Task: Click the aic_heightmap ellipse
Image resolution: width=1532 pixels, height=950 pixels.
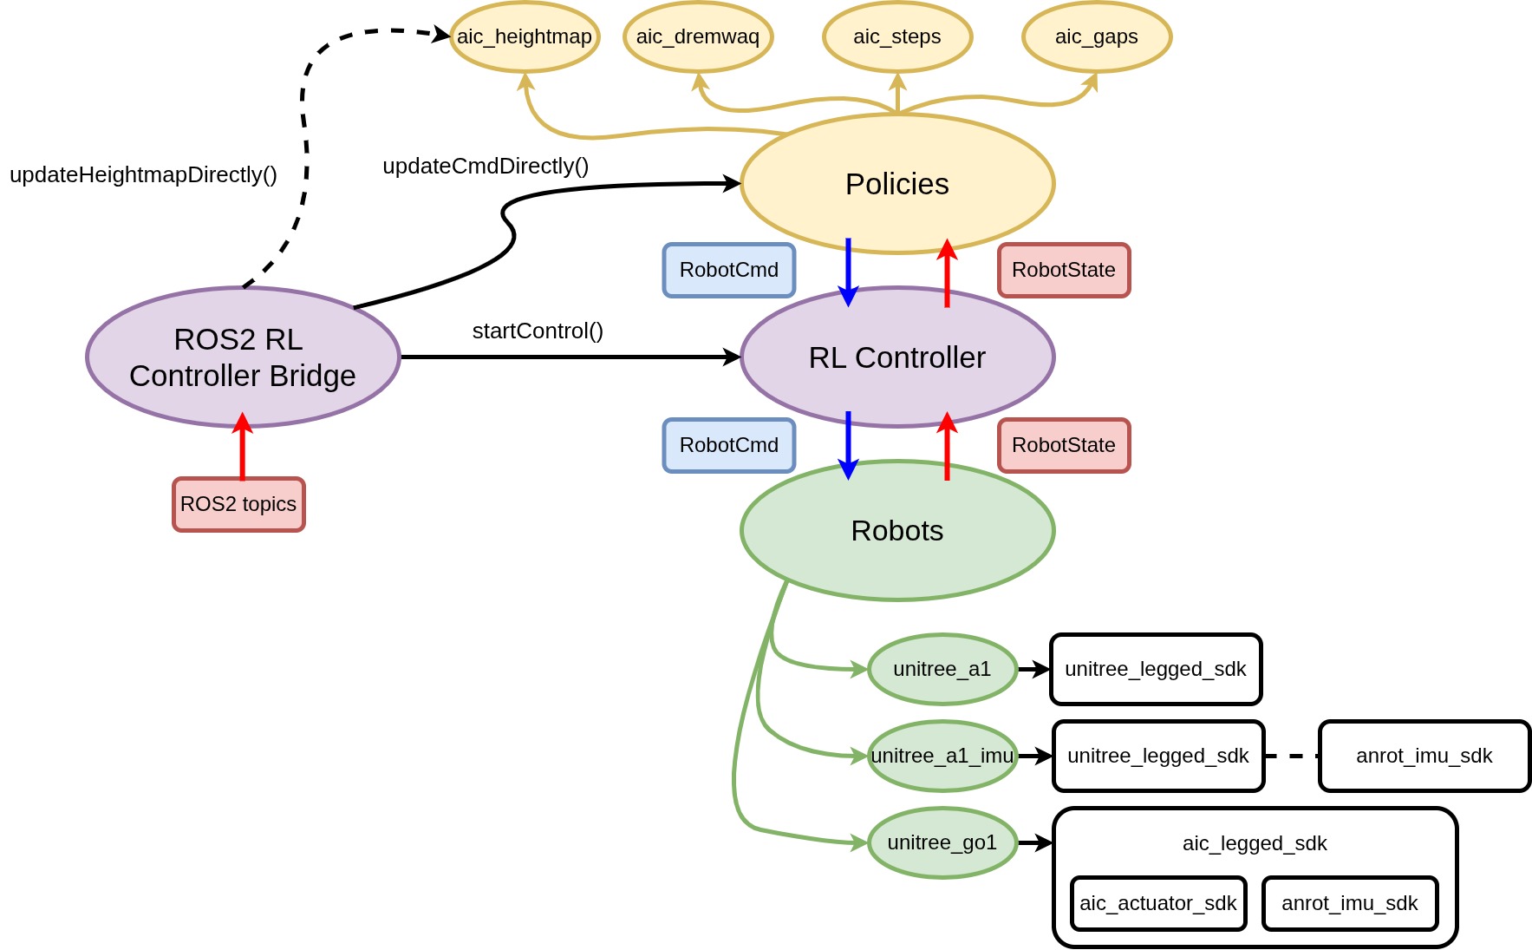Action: [525, 37]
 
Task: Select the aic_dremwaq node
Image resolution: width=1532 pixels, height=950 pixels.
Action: [698, 37]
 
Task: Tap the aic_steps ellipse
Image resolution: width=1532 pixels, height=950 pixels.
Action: [897, 37]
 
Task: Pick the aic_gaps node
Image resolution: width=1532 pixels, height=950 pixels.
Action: [1097, 37]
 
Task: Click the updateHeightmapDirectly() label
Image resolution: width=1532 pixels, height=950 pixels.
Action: [143, 175]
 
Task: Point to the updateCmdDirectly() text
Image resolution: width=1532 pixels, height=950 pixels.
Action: [486, 167]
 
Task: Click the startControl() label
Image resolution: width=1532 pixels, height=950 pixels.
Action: [538, 331]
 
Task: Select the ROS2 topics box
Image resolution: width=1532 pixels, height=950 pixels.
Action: [238, 504]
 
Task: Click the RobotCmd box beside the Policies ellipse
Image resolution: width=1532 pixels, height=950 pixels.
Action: [729, 270]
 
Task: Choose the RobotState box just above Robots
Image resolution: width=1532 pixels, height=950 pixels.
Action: [1064, 445]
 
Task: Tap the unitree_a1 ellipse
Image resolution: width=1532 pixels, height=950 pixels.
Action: [942, 669]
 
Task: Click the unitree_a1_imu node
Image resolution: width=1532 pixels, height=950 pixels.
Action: [942, 756]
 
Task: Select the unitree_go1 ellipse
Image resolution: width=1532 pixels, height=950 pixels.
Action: [942, 842]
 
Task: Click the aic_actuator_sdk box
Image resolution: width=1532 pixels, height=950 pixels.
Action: [1158, 903]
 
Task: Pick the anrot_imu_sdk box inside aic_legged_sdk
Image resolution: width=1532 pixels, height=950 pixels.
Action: [1350, 903]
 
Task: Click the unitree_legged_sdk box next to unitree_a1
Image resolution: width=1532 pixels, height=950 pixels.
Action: [1156, 669]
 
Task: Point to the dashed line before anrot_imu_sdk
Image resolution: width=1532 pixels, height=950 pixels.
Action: [1292, 756]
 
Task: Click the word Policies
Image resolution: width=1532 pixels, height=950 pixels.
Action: [897, 184]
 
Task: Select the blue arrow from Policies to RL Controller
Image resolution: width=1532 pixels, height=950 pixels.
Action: [848, 271]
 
